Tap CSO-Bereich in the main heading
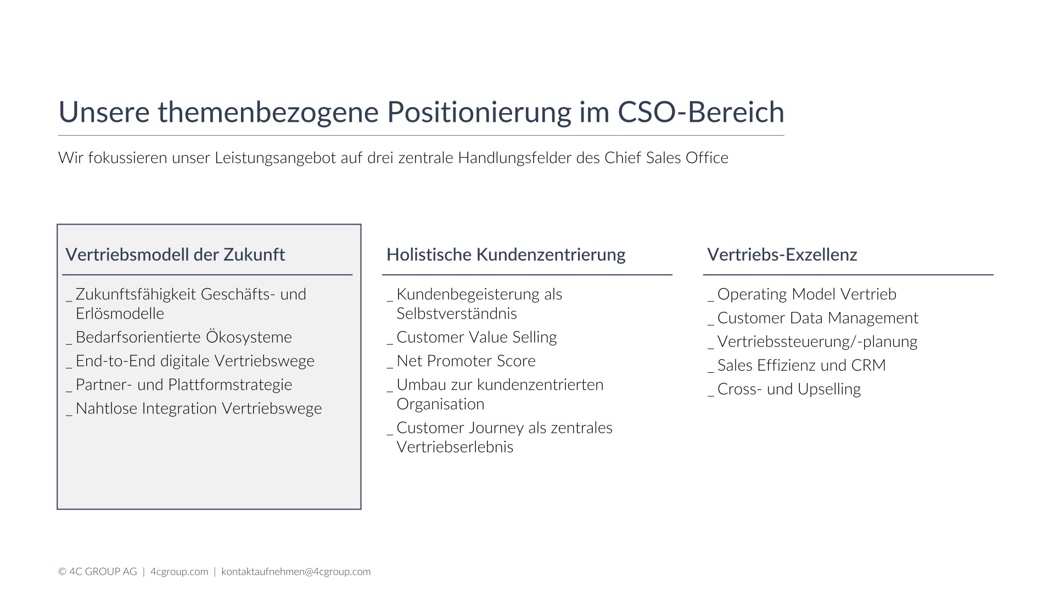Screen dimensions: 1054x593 coord(701,111)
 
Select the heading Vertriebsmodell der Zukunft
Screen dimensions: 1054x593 coord(175,255)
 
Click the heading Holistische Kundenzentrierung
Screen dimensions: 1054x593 coord(506,255)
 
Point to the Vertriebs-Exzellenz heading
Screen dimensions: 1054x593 coord(782,255)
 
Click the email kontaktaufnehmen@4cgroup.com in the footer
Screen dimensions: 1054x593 coord(296,572)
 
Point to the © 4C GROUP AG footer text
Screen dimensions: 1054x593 coord(98,572)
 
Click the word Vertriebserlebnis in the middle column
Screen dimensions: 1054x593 coord(455,447)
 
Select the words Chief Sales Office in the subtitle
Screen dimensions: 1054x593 coord(666,158)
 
